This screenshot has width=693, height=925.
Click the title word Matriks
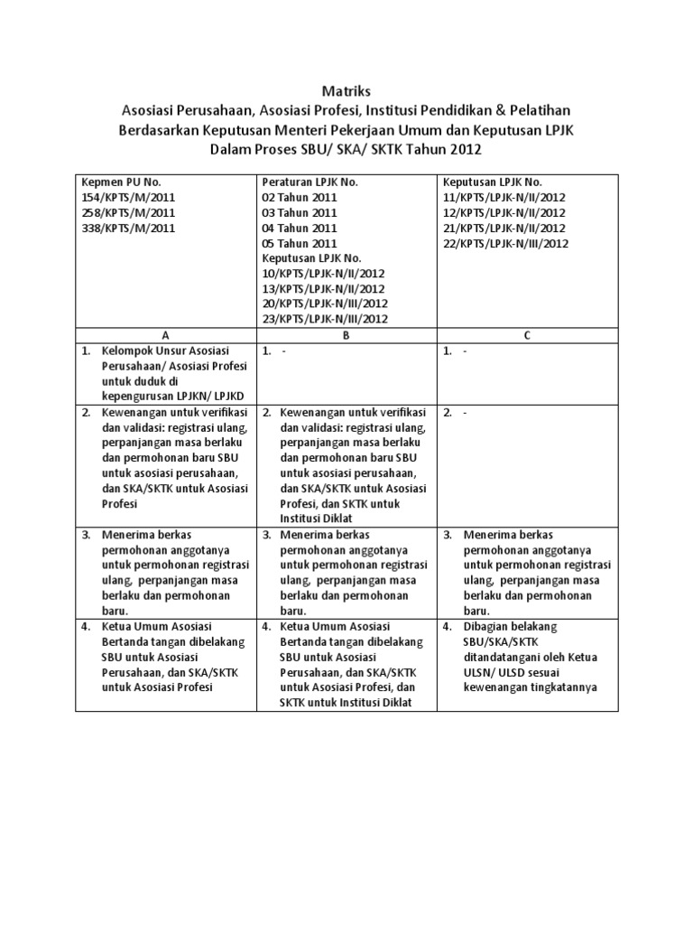[346, 91]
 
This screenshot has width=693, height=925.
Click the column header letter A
[165, 334]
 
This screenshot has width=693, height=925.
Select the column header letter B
[346, 334]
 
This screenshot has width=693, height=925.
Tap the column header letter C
[528, 334]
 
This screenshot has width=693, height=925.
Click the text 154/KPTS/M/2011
[127, 197]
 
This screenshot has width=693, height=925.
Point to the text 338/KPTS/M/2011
[127, 228]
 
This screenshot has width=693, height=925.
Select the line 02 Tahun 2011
[300, 197]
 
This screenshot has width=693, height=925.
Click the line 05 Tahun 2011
[300, 243]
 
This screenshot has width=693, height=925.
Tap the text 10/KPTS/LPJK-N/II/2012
[324, 273]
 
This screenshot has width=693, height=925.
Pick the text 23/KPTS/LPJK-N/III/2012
[326, 319]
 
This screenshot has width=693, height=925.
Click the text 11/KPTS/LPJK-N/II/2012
[504, 197]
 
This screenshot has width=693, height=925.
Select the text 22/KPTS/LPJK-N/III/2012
[505, 243]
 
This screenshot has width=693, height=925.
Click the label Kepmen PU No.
[121, 182]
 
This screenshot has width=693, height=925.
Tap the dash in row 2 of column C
[466, 413]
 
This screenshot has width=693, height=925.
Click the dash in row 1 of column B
[283, 350]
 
